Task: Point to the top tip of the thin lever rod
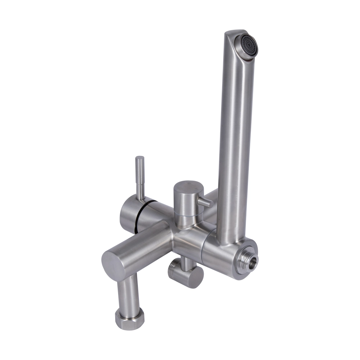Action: (140, 159)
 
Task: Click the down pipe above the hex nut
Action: (129, 292)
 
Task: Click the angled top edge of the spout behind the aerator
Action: (234, 33)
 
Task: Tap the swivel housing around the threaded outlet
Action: (220, 257)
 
